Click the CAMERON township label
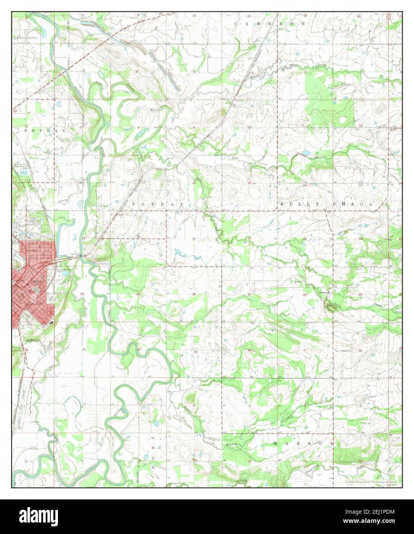[270, 23]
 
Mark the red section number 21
[195, 239]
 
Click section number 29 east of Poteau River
[138, 295]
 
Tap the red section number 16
[194, 183]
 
